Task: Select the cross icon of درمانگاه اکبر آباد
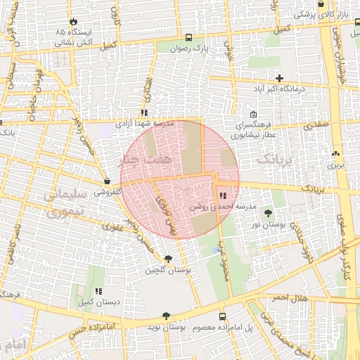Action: tap(280, 78)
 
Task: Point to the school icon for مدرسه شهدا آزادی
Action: tap(144, 112)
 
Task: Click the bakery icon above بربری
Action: tap(335, 154)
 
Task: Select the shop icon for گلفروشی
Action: tap(105, 181)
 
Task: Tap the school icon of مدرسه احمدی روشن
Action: tap(223, 195)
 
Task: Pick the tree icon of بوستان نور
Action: tap(267, 212)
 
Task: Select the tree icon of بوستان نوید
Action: tap(166, 316)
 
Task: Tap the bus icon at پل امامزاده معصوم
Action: tap(223, 316)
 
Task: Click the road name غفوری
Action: tap(112, 227)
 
